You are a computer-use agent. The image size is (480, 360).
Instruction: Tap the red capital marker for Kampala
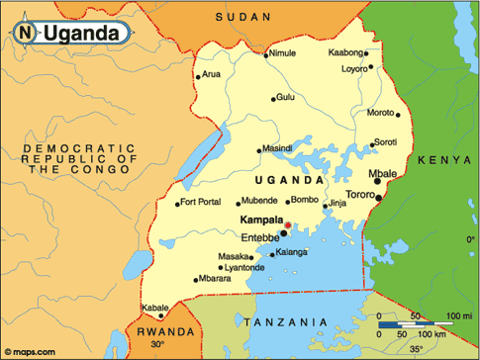point(287,226)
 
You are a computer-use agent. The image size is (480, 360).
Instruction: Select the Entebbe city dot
point(284,234)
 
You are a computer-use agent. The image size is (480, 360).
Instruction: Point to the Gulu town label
point(286,97)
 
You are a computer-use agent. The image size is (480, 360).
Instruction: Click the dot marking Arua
point(199,76)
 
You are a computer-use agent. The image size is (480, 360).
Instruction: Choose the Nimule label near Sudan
point(282,53)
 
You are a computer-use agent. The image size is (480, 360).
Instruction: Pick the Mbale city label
point(382,174)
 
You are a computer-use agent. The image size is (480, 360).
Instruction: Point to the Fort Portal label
point(202,204)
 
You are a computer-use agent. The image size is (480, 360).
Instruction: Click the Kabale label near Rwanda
point(154,307)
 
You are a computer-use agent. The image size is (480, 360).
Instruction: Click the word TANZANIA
point(283,322)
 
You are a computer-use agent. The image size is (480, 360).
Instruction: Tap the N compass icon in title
point(24,34)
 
